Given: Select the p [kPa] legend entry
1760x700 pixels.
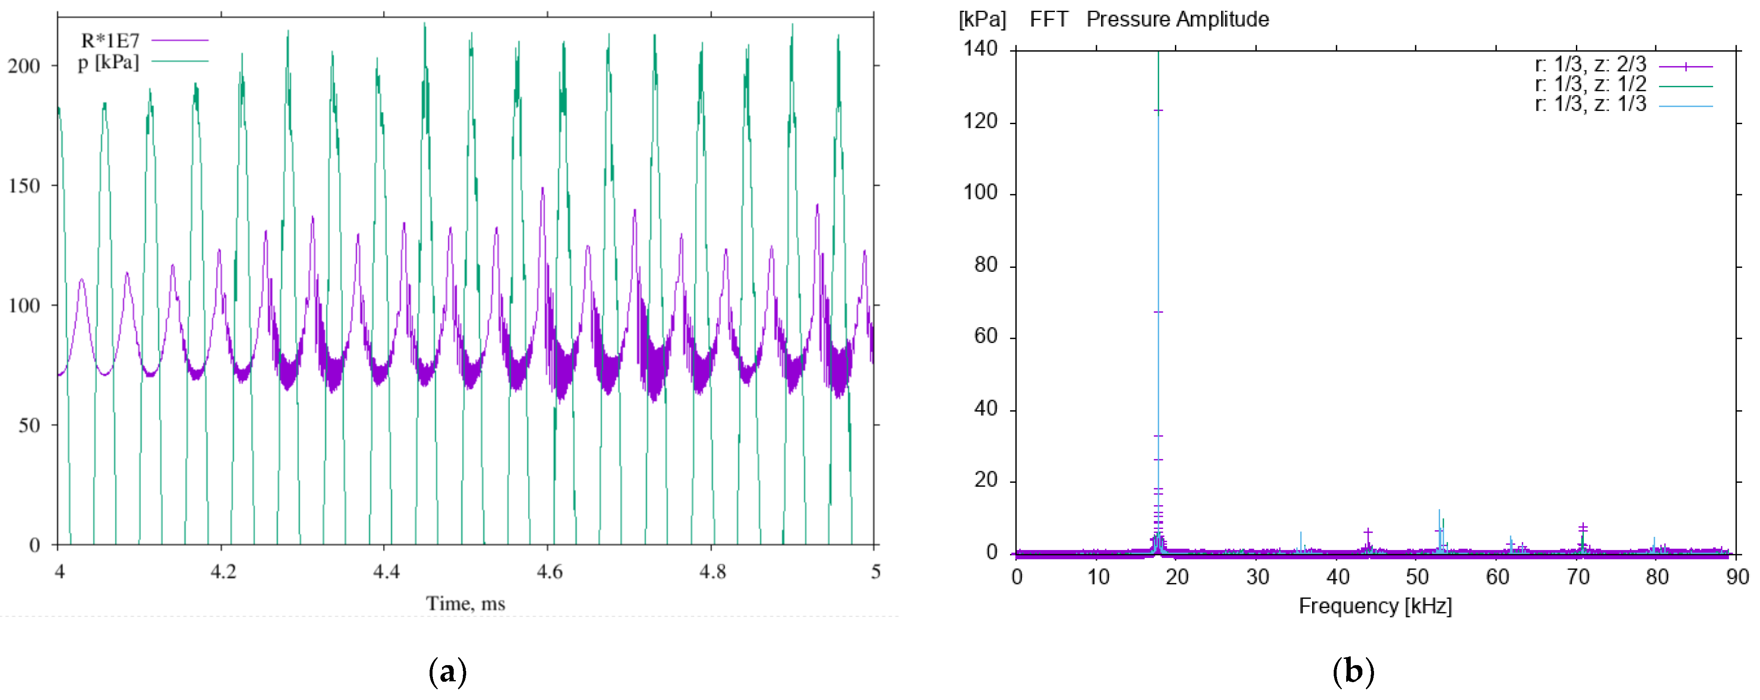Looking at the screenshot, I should point(108,62).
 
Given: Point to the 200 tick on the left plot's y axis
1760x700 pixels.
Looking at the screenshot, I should point(24,66).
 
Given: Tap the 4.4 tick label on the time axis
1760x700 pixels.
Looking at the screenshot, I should point(386,571).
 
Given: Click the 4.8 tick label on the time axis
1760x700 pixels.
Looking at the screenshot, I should point(712,571).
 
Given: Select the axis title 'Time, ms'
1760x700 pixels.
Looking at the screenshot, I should point(465,604).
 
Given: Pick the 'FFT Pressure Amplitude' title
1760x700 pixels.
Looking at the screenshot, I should point(1149,19).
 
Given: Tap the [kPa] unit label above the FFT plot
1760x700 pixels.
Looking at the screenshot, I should point(982,19).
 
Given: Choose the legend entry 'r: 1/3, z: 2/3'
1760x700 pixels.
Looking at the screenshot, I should point(1590,65).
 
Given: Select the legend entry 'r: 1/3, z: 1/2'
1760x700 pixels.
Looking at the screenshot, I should point(1590,85).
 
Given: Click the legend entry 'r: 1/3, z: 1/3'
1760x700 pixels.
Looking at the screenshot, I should point(1590,105).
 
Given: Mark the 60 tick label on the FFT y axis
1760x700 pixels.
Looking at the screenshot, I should point(985,337).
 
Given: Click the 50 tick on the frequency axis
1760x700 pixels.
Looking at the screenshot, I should point(1417,577).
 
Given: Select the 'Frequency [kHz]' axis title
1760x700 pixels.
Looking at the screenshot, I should point(1375,606).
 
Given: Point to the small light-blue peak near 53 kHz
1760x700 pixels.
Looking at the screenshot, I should point(1439,522).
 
